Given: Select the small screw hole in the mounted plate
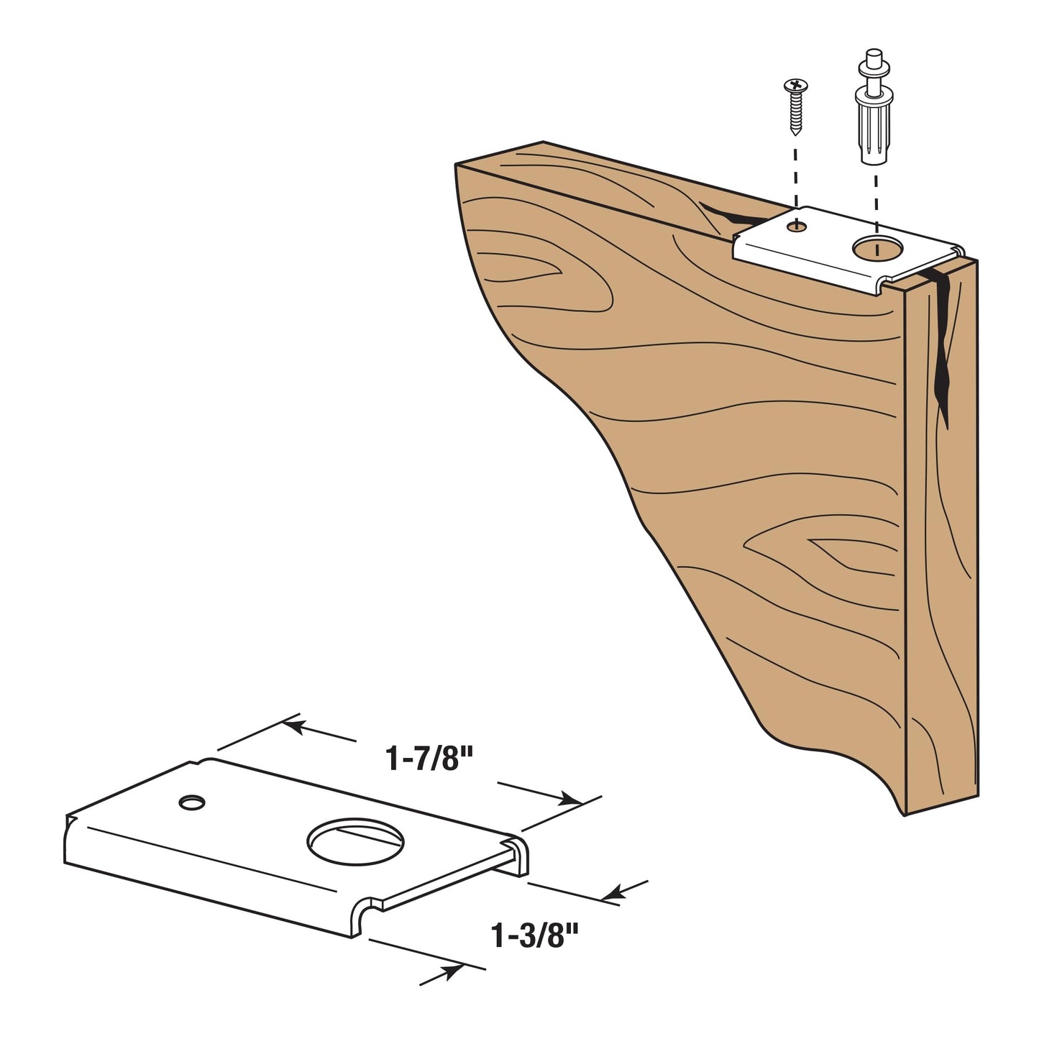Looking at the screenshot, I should click(x=796, y=226).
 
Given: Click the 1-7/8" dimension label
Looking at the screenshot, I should click(x=429, y=759).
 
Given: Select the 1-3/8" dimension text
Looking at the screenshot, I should click(x=535, y=936).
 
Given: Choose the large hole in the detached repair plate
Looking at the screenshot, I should click(x=356, y=843).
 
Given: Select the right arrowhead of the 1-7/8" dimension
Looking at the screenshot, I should click(x=571, y=800).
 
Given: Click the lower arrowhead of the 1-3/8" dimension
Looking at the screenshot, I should click(x=451, y=971).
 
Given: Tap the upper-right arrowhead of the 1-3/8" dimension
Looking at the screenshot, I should click(x=612, y=894).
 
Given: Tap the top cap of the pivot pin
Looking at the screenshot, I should click(x=873, y=55).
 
